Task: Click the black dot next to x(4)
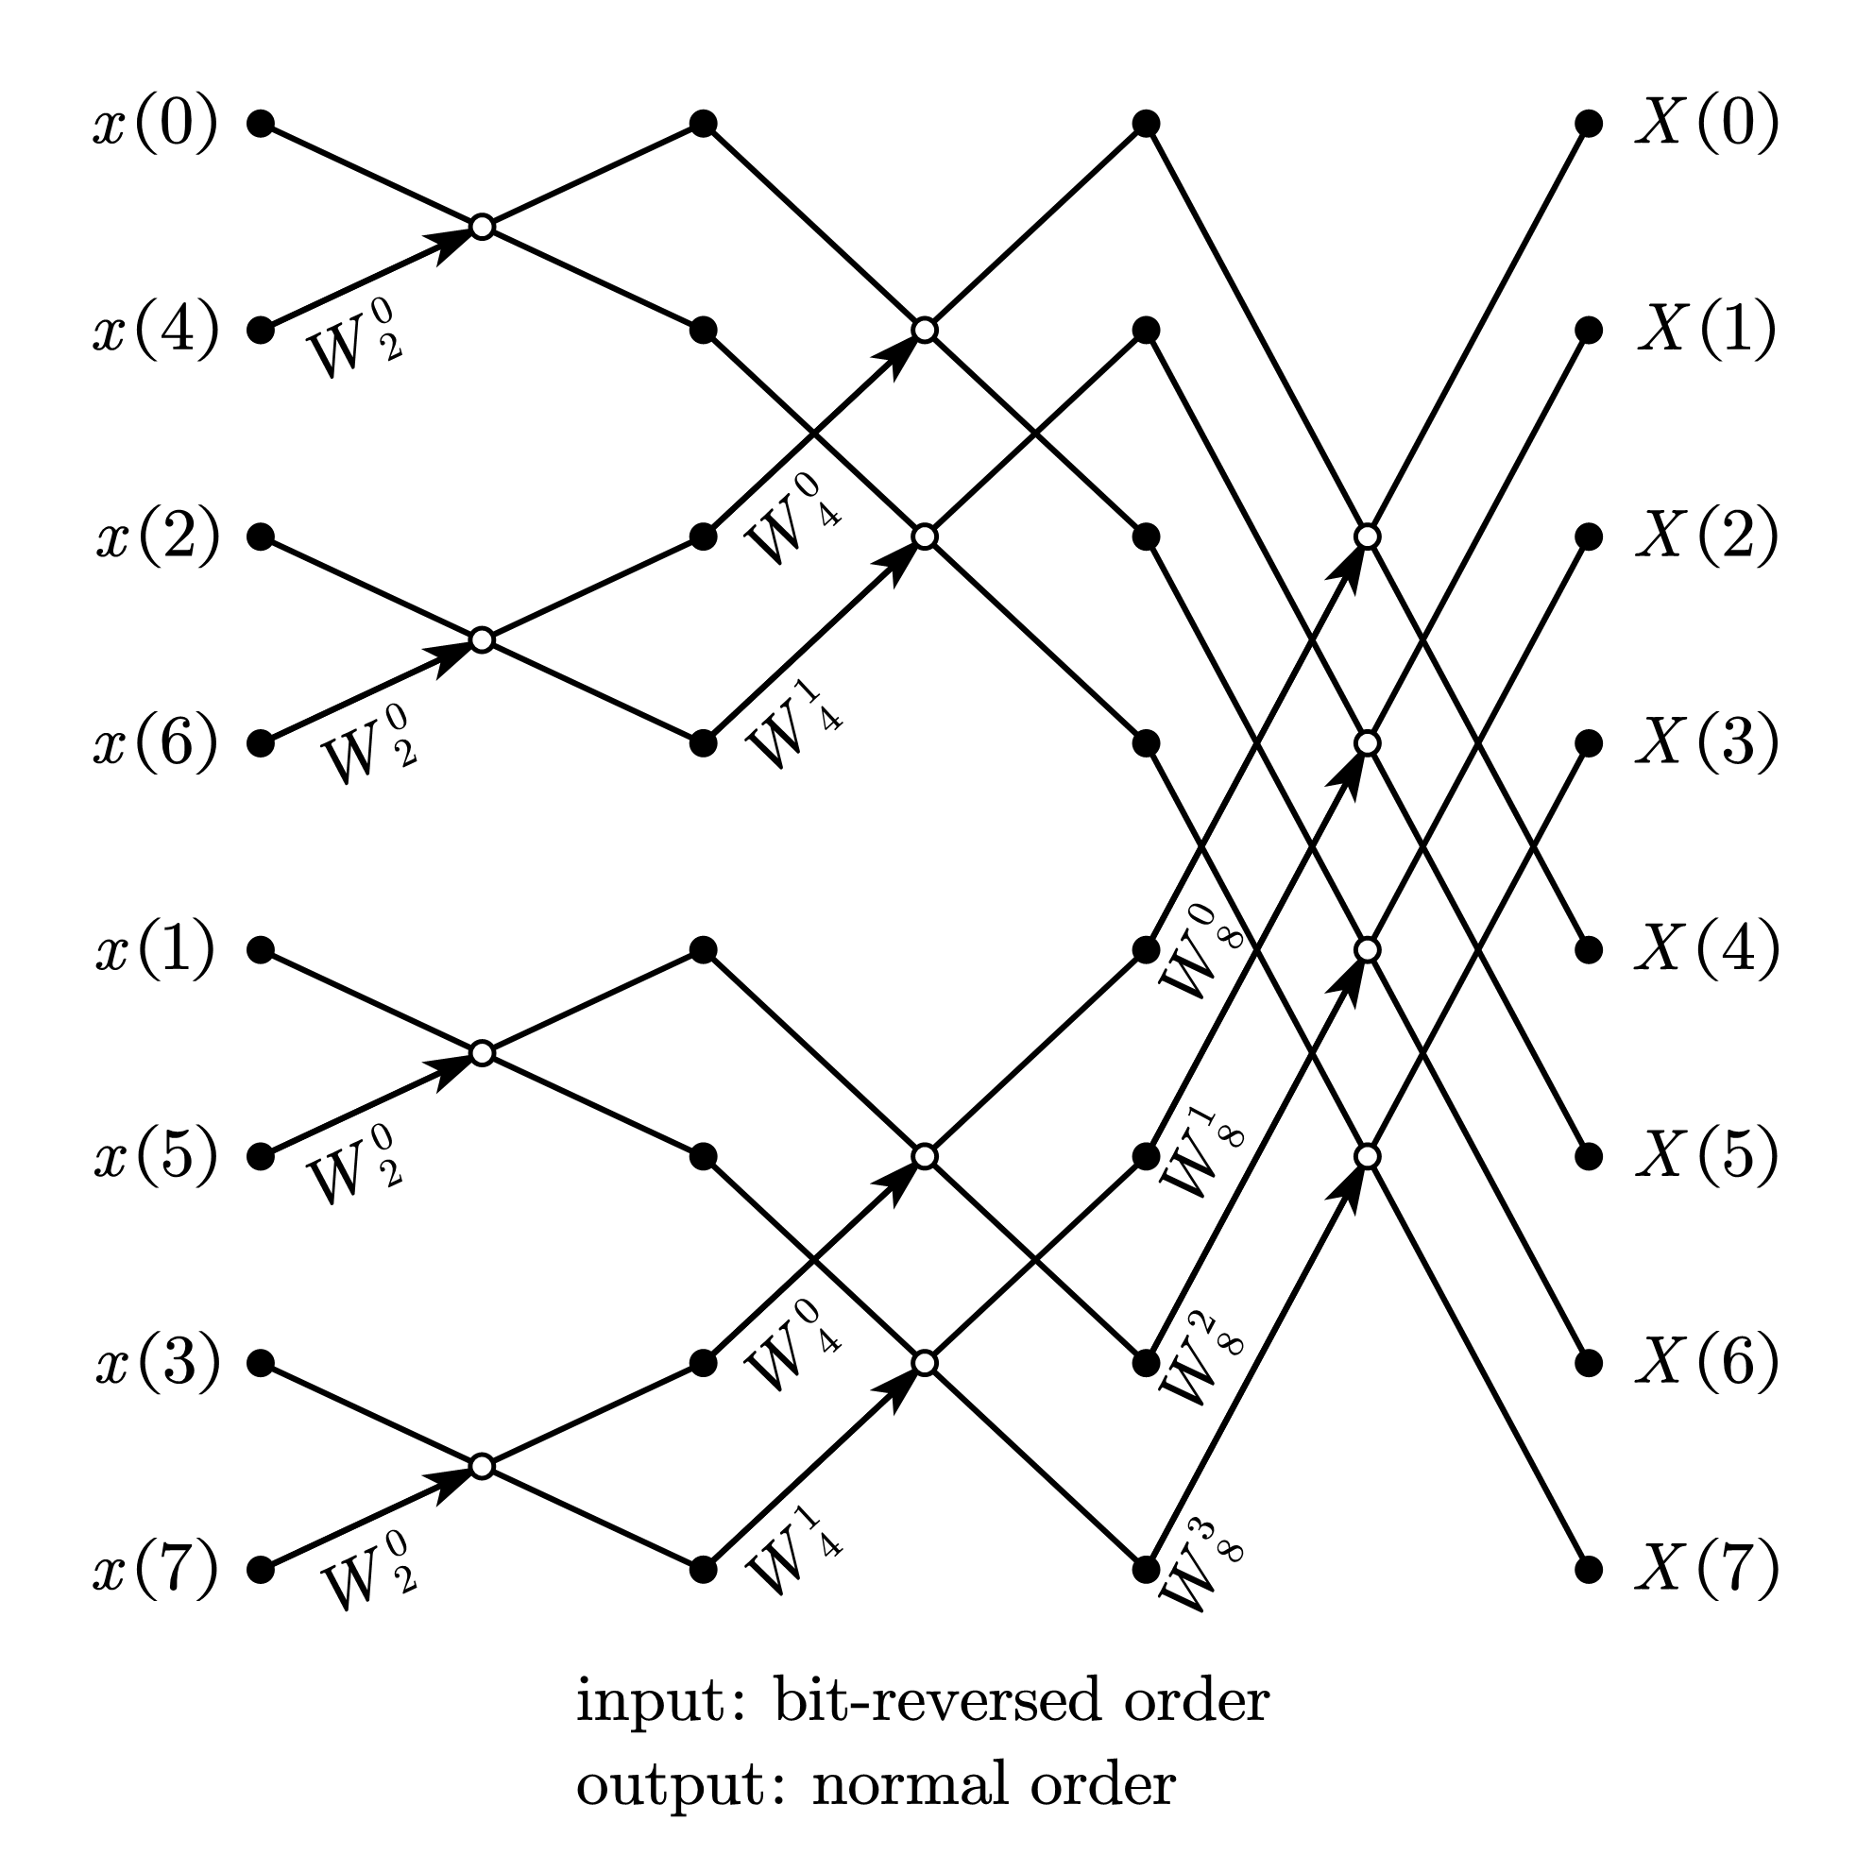click(x=261, y=331)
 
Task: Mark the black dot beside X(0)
click(x=1589, y=124)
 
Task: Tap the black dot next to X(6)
click(x=1589, y=1363)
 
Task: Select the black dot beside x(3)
click(x=261, y=1363)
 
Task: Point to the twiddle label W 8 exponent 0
click(x=1200, y=951)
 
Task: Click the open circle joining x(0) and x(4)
click(x=483, y=227)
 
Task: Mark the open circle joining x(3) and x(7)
click(x=483, y=1466)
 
